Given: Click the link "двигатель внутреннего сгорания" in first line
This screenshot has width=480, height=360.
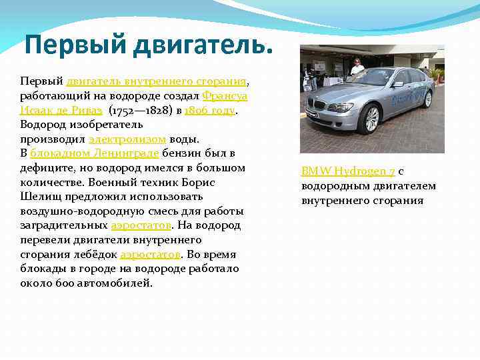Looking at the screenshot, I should click(157, 81).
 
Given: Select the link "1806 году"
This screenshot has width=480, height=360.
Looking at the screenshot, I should click(210, 111).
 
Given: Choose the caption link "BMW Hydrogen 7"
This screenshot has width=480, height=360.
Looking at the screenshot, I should click(348, 171).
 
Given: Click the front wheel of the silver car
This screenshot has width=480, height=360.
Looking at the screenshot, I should click(369, 119).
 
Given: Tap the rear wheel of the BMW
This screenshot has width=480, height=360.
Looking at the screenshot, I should click(427, 99).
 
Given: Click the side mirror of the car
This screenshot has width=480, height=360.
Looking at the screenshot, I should click(397, 84).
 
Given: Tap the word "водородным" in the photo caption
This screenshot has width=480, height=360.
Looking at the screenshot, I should click(331, 186).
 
